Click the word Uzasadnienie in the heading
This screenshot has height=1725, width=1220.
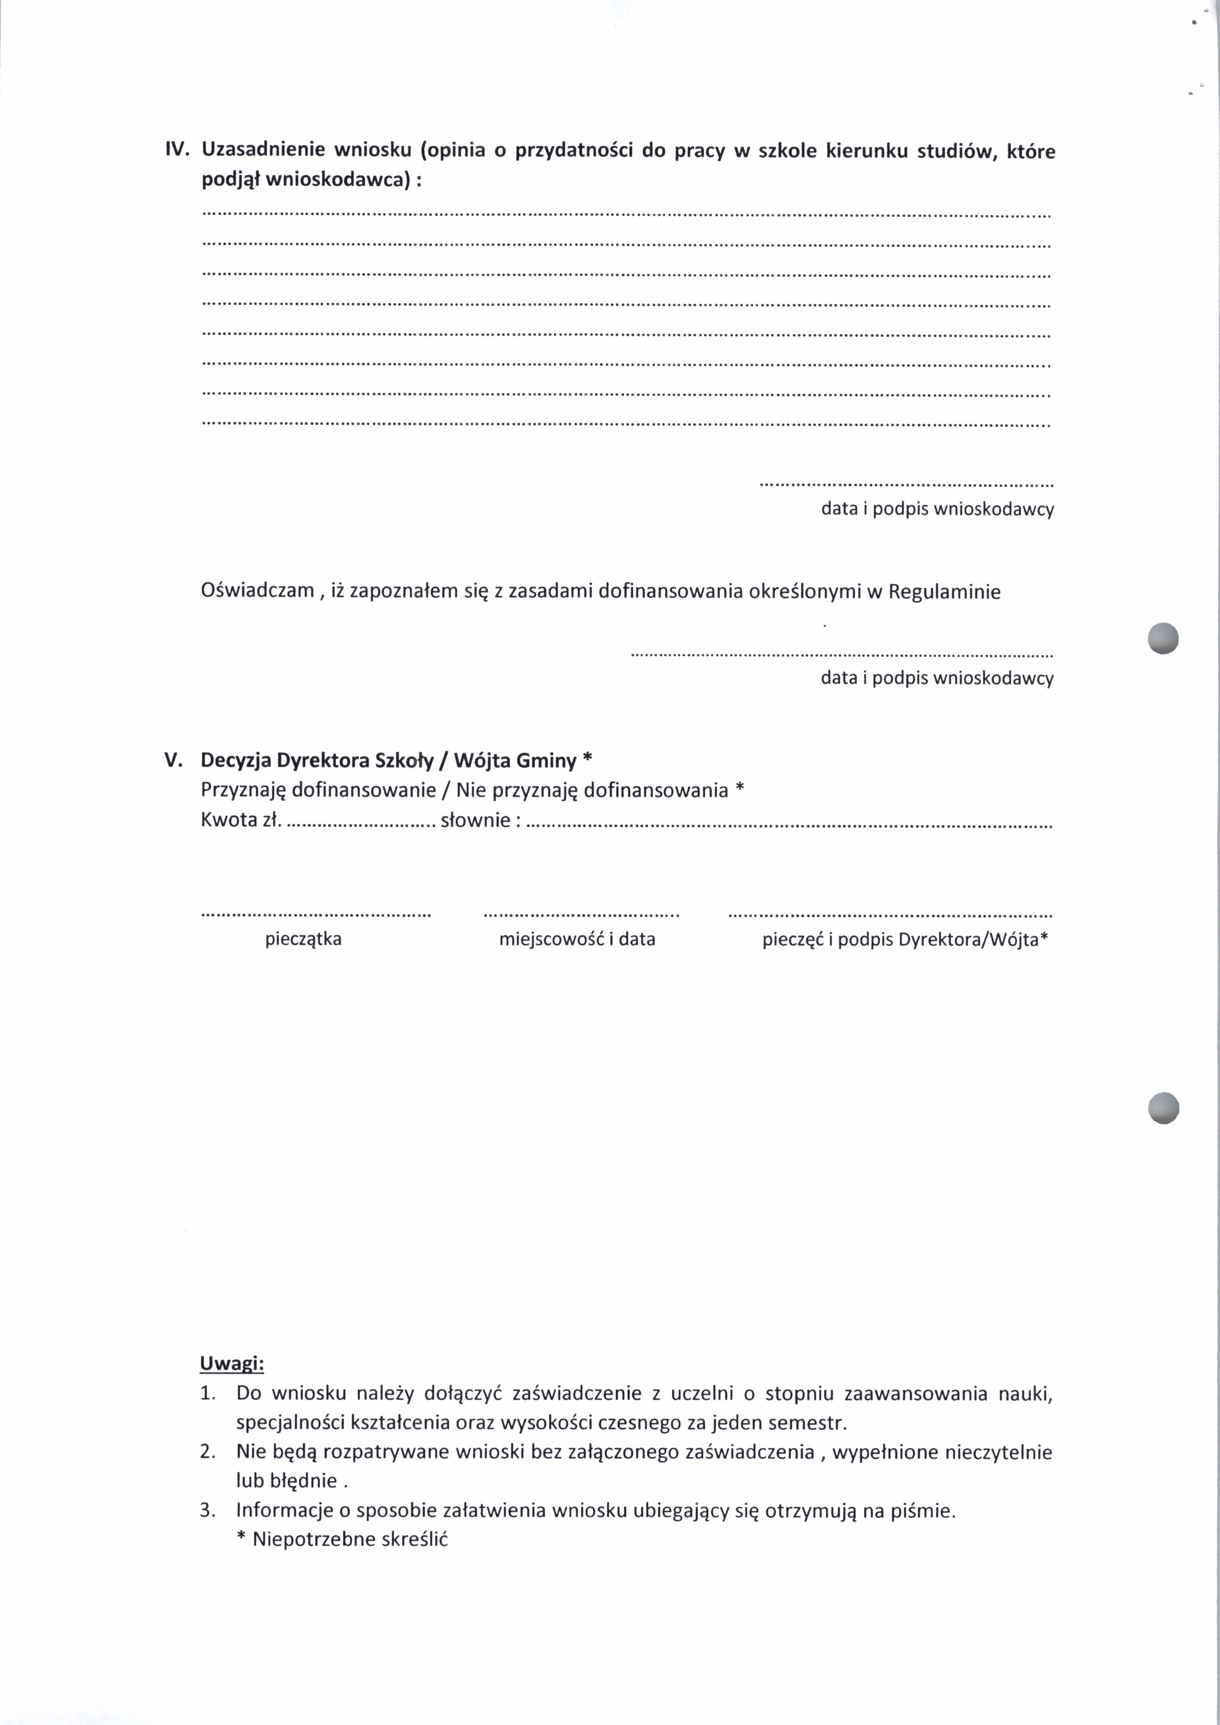click(263, 150)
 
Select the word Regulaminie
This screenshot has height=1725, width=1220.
click(945, 592)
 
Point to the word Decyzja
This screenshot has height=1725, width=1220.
click(235, 760)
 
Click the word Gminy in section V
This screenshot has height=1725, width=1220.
click(546, 760)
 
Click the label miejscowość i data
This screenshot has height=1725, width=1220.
click(577, 939)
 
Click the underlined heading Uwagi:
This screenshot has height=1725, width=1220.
click(231, 1363)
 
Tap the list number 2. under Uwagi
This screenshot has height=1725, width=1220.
click(208, 1452)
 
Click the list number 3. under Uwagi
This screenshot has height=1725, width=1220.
click(208, 1510)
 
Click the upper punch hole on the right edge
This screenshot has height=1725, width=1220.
click(1163, 638)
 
